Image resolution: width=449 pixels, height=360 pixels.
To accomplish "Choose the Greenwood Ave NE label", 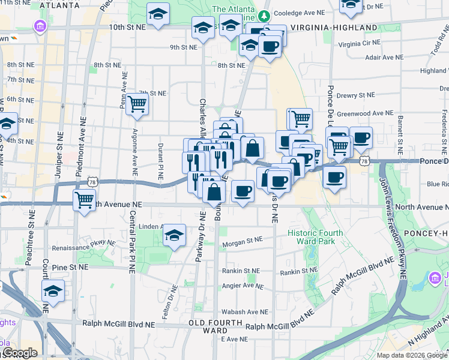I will coord(365,113).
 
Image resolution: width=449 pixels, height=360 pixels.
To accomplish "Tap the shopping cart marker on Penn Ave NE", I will coord(137,104).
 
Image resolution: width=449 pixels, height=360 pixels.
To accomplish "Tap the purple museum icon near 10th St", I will coord(40,26).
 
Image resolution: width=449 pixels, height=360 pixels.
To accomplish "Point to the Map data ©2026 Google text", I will coord(412,355).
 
